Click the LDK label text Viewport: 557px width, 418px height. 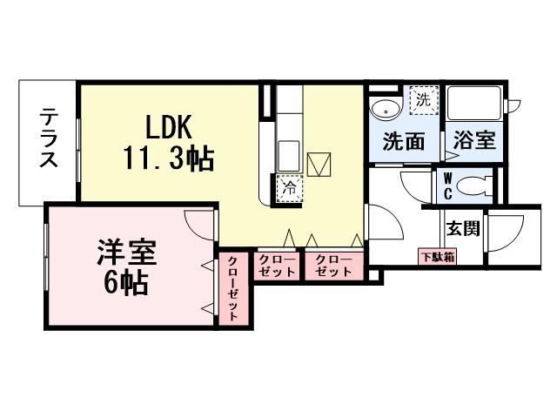167,127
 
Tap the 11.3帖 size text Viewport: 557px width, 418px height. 167,158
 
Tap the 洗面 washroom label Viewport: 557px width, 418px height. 404,140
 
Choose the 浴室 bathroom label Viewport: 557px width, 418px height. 475,140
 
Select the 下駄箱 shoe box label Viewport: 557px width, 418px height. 438,256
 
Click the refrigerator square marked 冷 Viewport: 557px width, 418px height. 288,186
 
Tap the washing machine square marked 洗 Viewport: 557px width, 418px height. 422,98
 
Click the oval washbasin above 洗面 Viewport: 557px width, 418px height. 384,109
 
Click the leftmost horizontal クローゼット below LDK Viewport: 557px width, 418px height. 276,266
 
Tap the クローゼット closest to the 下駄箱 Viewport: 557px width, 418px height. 333,266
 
